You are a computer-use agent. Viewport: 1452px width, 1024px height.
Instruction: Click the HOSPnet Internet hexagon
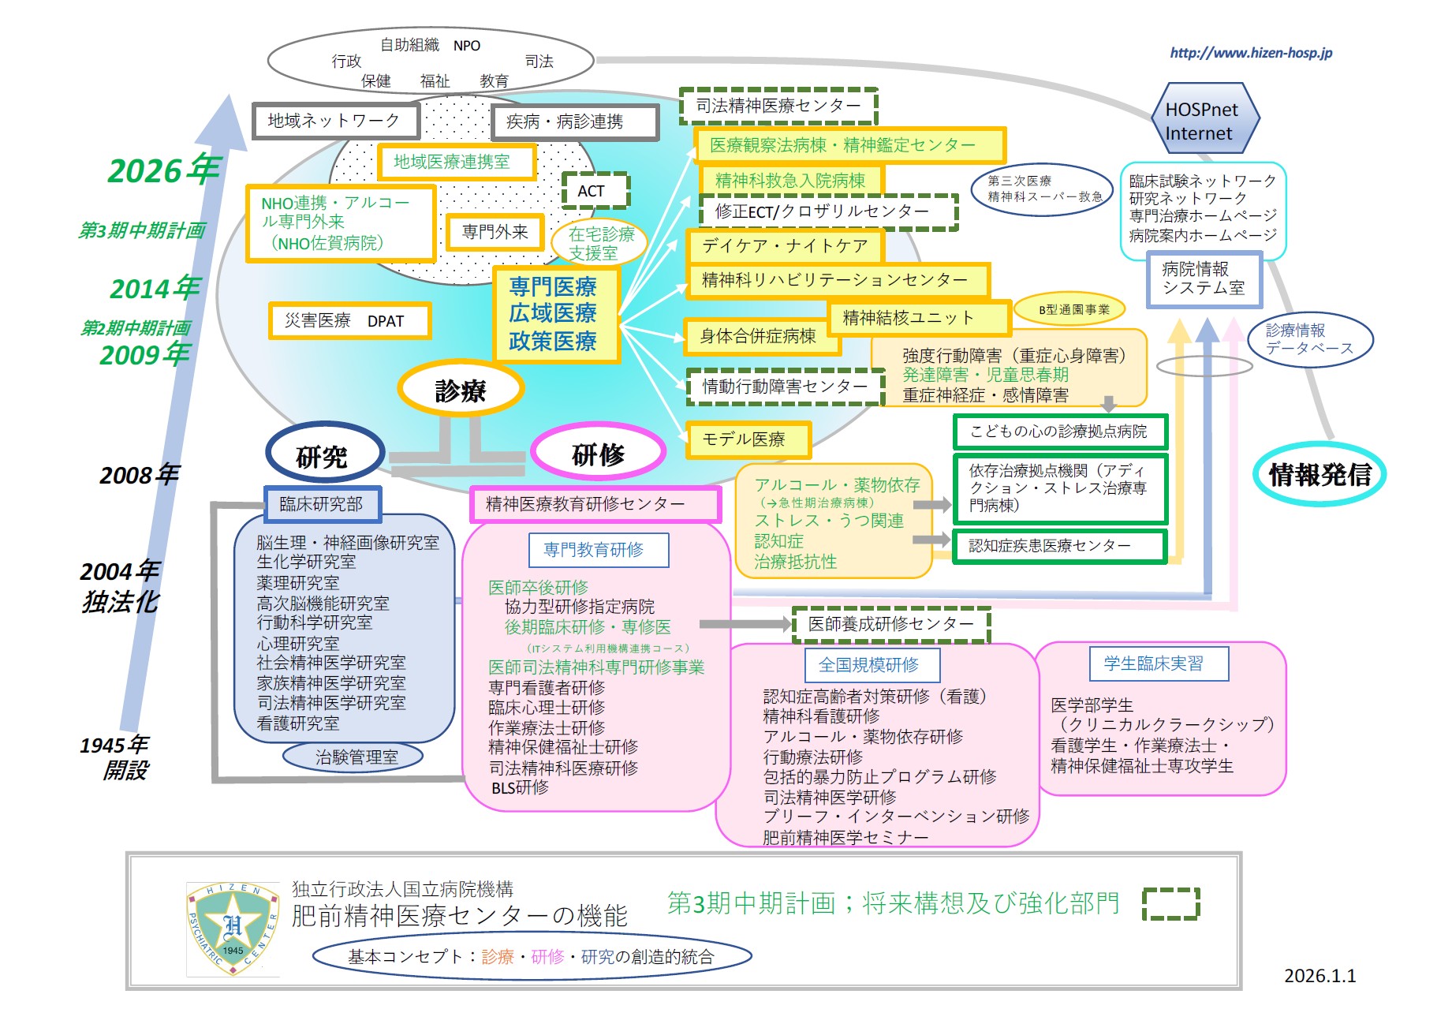pos(1202,118)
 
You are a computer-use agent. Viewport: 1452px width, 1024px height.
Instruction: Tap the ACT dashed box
pos(594,190)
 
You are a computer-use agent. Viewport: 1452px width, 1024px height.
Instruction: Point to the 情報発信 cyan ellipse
pos(1319,474)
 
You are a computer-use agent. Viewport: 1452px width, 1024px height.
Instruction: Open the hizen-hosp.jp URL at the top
pos(1251,53)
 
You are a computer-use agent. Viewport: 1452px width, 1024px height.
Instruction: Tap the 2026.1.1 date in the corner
pos(1319,976)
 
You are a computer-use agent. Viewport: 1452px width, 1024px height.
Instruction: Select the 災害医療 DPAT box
pos(349,321)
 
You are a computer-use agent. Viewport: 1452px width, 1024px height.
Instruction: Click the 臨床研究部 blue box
pos(322,504)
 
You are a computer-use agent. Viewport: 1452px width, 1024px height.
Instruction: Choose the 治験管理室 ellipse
pos(355,757)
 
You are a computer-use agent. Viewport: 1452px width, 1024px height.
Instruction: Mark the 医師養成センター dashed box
pos(890,624)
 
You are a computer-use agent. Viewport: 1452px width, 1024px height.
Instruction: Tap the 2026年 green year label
pos(164,170)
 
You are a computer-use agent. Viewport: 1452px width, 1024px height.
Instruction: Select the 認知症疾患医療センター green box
pos(1059,546)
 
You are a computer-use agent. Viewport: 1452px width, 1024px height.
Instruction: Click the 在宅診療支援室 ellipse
pos(601,243)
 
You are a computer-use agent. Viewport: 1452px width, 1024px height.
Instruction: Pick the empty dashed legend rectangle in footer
pos(1170,903)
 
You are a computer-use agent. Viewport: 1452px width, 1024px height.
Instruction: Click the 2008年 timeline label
pos(140,475)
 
